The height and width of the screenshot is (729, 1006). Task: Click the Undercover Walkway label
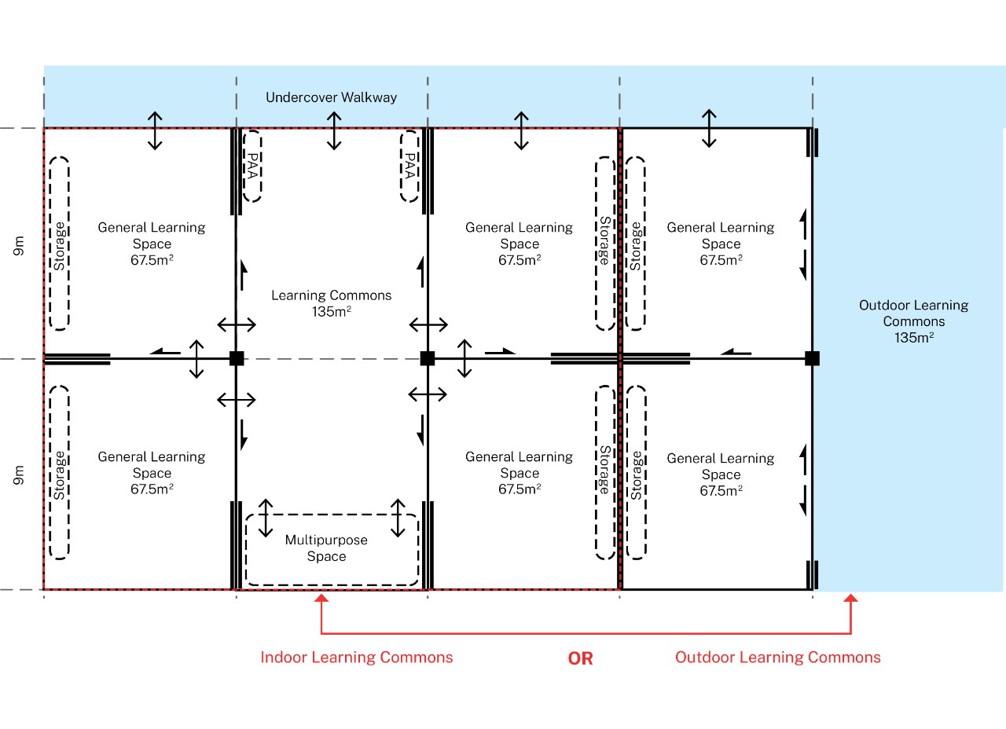[x=331, y=97]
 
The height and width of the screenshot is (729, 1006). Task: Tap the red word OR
[x=580, y=658]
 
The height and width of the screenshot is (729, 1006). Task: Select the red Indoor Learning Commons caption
[x=357, y=658]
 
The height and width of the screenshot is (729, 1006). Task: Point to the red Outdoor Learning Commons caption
[x=778, y=658]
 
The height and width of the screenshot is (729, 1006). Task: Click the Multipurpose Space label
[x=326, y=548]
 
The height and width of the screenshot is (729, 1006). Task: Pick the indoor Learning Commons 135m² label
[x=332, y=303]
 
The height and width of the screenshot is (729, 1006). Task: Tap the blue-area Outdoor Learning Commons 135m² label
[x=913, y=321]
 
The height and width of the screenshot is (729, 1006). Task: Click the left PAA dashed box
[x=252, y=166]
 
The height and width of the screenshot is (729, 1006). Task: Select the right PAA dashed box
[x=409, y=166]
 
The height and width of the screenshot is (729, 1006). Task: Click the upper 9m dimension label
[x=19, y=246]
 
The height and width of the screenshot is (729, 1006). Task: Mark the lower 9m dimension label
[x=19, y=475]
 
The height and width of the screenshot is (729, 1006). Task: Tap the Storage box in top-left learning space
[x=59, y=244]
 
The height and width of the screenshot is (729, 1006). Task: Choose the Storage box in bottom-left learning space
[x=59, y=472]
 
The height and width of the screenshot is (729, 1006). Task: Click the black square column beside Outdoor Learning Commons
[x=812, y=358]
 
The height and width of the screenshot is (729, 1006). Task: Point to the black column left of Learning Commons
[x=237, y=358]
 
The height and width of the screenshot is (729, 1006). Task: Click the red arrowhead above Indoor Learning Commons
[x=321, y=598]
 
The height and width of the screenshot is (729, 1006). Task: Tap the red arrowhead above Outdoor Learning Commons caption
[x=850, y=598]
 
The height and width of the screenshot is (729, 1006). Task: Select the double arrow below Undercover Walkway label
[x=334, y=130]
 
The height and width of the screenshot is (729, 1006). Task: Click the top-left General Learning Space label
[x=152, y=244]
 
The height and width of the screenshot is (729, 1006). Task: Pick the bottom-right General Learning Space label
[x=721, y=474]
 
